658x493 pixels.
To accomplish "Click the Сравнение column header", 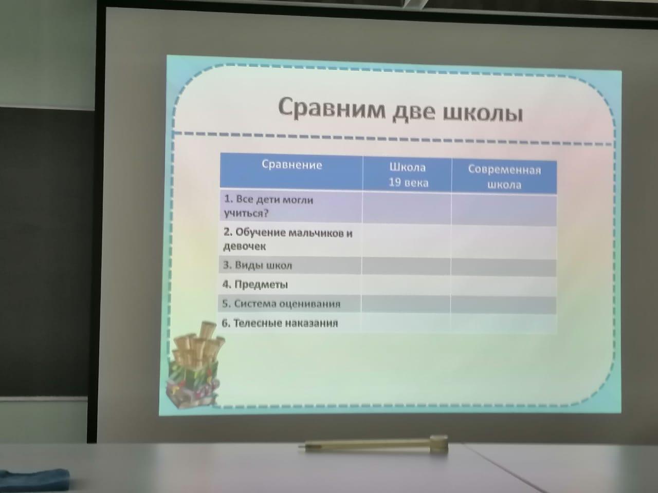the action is tap(291, 165).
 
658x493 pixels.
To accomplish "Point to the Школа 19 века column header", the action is tap(408, 175).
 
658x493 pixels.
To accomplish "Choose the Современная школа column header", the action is tap(504, 177).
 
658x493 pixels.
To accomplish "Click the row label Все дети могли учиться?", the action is tap(268, 206).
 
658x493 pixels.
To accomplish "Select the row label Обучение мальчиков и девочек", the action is tap(287, 239).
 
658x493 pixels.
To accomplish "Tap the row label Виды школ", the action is tap(257, 265).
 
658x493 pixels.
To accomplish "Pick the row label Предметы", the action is tap(255, 285).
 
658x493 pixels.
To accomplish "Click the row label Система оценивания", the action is tap(281, 304).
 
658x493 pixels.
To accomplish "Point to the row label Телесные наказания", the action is tap(280, 324).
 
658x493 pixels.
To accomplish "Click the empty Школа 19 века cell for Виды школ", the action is tap(406, 267).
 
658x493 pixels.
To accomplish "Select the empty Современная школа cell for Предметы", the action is tap(504, 287).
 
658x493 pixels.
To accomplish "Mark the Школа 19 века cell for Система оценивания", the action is tap(406, 305).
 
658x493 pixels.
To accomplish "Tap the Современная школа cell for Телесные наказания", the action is tap(504, 324).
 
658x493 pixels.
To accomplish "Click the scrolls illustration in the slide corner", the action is tap(195, 365).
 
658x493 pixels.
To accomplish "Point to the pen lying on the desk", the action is tap(373, 445).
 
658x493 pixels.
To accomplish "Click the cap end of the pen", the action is tap(439, 444).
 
